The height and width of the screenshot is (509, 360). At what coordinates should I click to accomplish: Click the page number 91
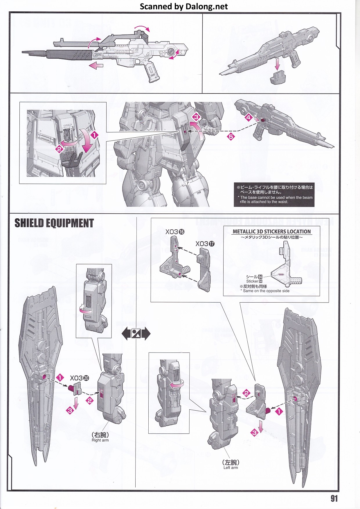click(334, 498)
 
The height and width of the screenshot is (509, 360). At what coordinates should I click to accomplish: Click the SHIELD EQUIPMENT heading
click(54, 223)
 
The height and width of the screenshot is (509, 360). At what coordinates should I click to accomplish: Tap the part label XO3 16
click(175, 232)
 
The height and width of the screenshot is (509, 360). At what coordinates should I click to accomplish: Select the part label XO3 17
click(205, 244)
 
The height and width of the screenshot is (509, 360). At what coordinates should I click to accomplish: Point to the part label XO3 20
click(79, 378)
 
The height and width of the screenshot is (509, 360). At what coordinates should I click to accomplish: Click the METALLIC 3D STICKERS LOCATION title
click(271, 231)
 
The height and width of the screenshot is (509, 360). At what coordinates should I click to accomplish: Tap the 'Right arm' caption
click(100, 440)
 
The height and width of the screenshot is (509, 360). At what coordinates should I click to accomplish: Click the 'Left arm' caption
click(231, 467)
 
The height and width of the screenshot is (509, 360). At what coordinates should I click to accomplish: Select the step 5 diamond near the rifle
click(231, 136)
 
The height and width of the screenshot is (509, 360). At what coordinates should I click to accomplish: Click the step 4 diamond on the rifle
click(248, 117)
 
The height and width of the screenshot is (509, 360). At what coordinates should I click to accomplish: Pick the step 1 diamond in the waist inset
click(94, 135)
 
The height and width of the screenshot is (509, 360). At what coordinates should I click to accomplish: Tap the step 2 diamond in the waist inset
click(59, 149)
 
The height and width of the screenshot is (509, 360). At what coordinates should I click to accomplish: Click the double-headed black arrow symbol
click(136, 334)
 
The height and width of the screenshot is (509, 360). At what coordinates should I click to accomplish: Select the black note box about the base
click(274, 195)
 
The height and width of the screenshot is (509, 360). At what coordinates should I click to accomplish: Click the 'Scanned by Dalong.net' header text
click(184, 6)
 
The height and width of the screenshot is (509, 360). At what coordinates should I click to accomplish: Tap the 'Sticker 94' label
click(254, 281)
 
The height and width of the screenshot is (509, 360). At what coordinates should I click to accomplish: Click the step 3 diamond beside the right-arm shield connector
click(70, 411)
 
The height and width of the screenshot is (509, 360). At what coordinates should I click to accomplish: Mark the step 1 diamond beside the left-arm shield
click(279, 411)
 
